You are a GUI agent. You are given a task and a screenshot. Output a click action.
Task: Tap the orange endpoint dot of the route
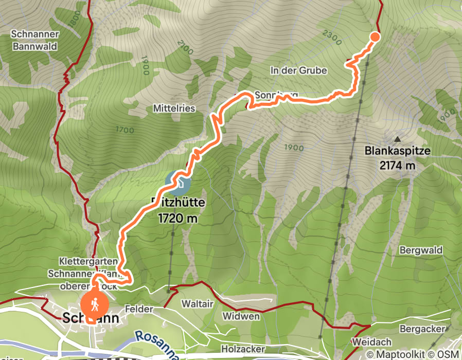point(375,36)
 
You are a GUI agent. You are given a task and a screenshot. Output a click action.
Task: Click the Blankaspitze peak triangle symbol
point(397,139)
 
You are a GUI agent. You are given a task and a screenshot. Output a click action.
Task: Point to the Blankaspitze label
point(397,152)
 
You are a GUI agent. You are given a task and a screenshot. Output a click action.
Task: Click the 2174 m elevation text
point(397,166)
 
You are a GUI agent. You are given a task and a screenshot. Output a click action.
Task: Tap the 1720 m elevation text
point(178,219)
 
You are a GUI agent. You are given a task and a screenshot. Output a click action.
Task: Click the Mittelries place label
point(174,109)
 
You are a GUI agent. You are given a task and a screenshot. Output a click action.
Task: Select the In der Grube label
point(298,70)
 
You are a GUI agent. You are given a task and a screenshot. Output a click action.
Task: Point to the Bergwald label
point(421,250)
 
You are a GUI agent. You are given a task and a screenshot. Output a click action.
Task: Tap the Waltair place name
point(197,304)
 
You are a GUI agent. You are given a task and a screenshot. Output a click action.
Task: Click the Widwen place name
point(241,316)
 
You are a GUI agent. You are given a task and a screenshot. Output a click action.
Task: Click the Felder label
point(139,309)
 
